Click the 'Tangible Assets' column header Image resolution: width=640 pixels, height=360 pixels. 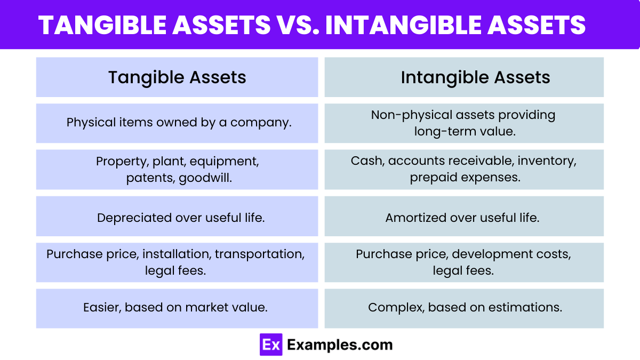pyautogui.click(x=177, y=77)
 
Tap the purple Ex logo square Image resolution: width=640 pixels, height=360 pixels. pyautogui.click(x=271, y=345)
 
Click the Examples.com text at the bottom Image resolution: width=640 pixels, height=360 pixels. pyautogui.click(x=340, y=345)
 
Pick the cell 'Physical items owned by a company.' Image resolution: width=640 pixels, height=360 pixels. pyautogui.click(x=179, y=122)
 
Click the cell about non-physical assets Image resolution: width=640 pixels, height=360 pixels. pyautogui.click(x=463, y=123)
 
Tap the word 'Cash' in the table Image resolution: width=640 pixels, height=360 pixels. pyautogui.click(x=363, y=161)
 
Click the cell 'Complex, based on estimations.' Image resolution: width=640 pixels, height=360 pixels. pyautogui.click(x=465, y=307)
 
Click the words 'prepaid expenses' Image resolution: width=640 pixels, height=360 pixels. pyautogui.click(x=465, y=178)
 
